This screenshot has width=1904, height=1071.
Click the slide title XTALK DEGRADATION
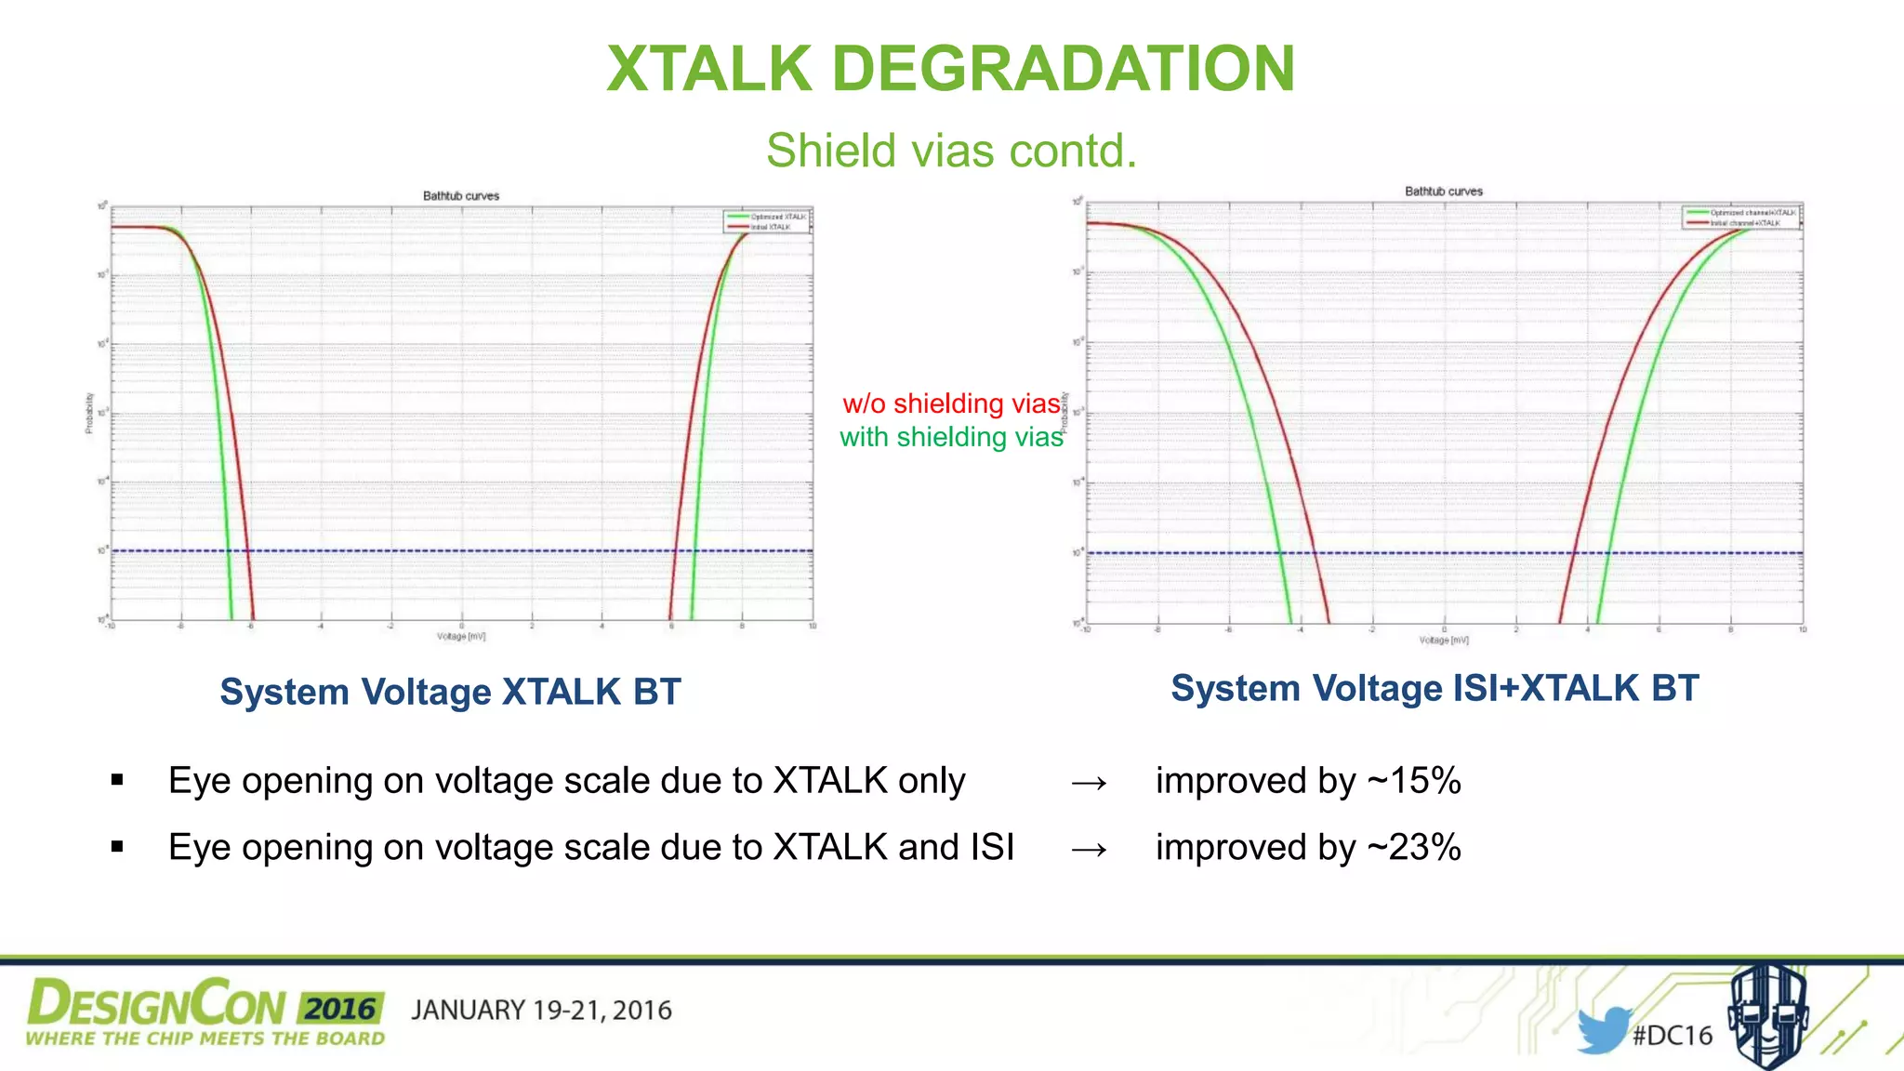point(950,70)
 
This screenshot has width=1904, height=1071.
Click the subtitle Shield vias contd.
point(951,151)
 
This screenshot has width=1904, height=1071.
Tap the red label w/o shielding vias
point(951,403)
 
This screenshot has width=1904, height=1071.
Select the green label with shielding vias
point(950,437)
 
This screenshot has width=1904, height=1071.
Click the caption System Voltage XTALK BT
point(450,693)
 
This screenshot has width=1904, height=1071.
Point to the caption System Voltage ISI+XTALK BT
point(1435,689)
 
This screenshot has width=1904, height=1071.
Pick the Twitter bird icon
point(1603,1029)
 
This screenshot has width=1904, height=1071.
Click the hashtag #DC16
point(1673,1036)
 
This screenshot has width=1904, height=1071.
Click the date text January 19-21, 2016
point(541,1011)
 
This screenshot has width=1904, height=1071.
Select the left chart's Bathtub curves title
point(461,196)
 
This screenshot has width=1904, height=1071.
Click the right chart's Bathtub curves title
point(1444,192)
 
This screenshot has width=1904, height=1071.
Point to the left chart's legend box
point(767,221)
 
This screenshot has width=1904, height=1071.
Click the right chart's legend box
point(1740,218)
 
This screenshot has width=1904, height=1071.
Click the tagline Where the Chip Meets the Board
point(205,1039)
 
